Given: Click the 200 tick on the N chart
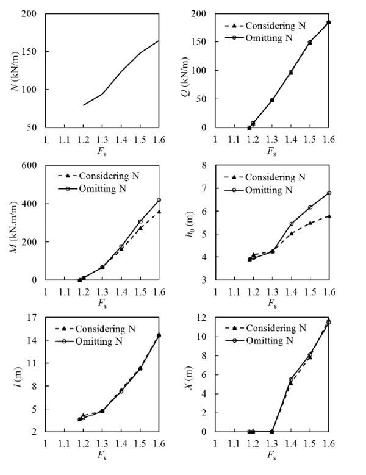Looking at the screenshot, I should click(x=29, y=13).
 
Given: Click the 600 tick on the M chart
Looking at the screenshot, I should click(x=29, y=165).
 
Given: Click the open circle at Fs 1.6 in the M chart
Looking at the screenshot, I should click(x=159, y=200).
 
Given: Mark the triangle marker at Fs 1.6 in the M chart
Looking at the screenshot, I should click(x=159, y=212).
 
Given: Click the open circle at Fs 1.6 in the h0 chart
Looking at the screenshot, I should click(x=329, y=193).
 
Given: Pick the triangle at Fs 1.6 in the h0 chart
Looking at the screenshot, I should click(x=329, y=216).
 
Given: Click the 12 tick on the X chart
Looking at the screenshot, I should click(x=202, y=317).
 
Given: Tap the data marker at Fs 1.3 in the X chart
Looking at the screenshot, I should click(x=272, y=431).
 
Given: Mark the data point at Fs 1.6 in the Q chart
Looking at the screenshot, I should click(x=329, y=22).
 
